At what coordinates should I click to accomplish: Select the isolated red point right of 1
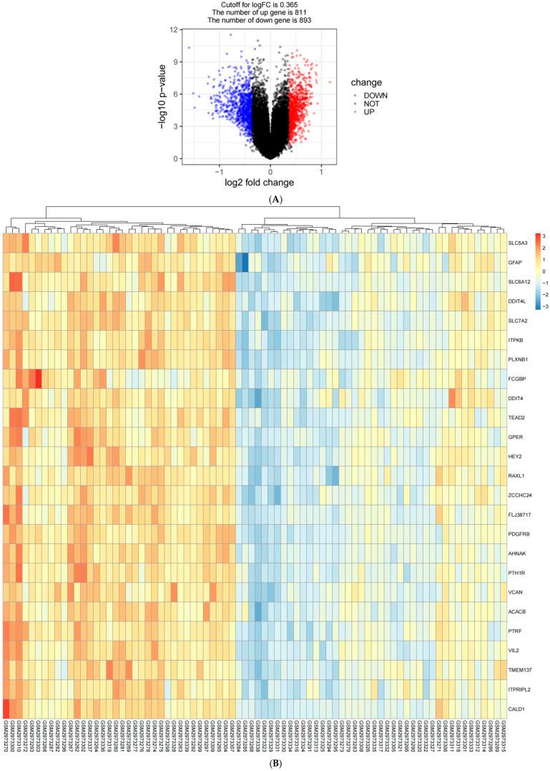tap(330, 82)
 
